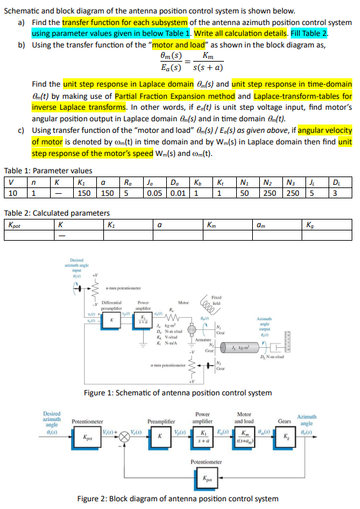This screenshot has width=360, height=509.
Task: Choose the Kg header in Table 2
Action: coord(313,225)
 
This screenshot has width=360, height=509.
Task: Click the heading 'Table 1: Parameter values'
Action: coord(47,171)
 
